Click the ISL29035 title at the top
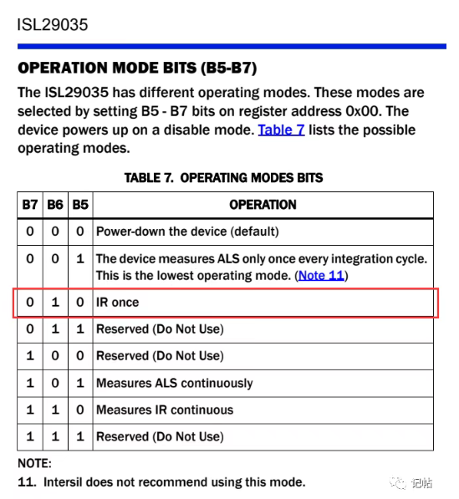[52, 25]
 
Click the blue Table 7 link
[281, 130]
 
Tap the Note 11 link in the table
[321, 275]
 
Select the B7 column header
[30, 205]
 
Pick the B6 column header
[55, 205]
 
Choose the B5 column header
[80, 205]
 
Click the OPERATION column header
[263, 205]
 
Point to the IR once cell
[117, 302]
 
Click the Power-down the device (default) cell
[187, 232]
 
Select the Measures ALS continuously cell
[175, 383]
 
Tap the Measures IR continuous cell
[165, 410]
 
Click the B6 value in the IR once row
[55, 302]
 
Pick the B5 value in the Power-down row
[80, 232]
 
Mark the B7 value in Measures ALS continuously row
[30, 383]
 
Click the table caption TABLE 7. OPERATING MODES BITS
[223, 178]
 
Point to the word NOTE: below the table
[34, 463]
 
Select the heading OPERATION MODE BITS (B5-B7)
[137, 68]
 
